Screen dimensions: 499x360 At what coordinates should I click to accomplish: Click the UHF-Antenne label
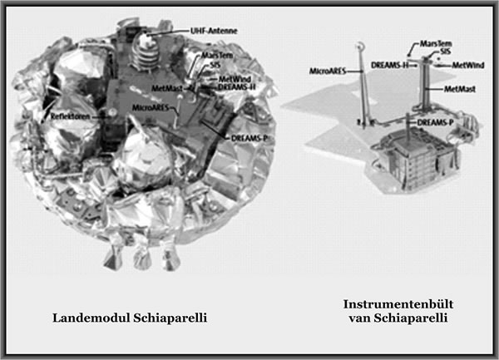(214, 31)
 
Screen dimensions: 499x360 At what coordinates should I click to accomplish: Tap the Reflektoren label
(70, 116)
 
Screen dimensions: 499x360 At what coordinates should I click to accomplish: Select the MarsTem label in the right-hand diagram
(436, 43)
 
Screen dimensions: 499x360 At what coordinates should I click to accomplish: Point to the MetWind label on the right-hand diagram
(468, 65)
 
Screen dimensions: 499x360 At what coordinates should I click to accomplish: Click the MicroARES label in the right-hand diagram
(328, 71)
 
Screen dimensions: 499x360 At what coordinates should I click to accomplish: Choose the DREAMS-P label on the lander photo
(249, 138)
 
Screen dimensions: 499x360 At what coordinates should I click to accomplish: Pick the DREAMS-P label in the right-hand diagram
(435, 122)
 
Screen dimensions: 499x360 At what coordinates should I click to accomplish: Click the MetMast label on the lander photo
(167, 88)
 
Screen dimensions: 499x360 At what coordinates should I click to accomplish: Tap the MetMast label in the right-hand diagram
(460, 89)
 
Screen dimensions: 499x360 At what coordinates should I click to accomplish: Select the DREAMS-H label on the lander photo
(237, 86)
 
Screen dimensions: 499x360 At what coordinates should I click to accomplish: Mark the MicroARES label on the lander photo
(151, 108)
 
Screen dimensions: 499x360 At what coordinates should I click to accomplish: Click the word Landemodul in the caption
(91, 318)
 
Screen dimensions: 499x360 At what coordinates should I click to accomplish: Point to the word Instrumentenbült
(398, 304)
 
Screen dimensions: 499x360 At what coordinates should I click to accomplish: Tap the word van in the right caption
(359, 318)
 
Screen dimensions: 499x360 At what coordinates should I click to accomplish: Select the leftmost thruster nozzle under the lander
(113, 258)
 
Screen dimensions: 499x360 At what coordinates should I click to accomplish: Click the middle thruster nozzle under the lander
(142, 259)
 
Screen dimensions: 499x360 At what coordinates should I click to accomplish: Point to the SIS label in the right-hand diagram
(444, 52)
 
